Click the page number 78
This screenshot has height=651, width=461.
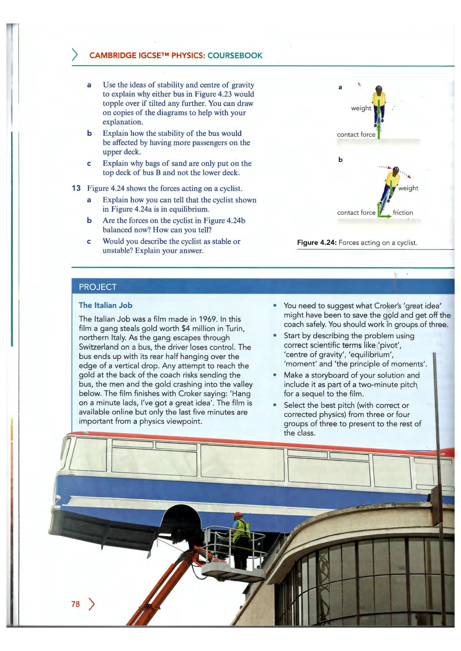point(75,604)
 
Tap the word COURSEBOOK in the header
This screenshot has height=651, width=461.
point(235,55)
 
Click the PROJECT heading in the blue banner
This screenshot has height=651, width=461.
point(98,287)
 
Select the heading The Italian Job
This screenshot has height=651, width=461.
point(106,305)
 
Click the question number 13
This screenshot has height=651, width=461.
point(76,188)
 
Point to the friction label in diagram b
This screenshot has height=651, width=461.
point(402,213)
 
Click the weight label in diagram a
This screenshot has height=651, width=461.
point(361,108)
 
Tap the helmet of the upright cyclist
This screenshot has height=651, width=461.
point(379,89)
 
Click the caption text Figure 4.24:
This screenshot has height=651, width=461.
point(316,243)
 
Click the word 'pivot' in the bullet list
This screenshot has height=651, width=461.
point(389,345)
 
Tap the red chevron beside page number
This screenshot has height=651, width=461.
point(91,604)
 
